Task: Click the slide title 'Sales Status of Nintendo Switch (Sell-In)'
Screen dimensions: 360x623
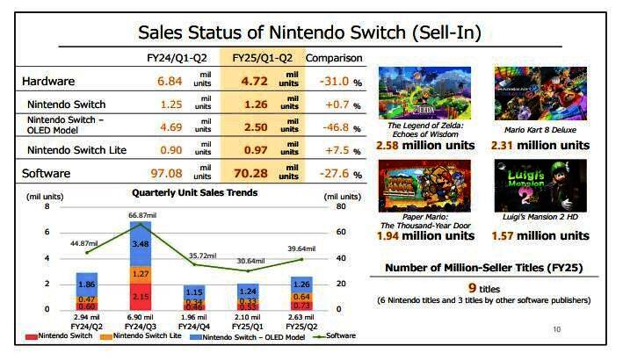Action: click(x=310, y=33)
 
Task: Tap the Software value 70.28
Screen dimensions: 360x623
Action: click(x=256, y=173)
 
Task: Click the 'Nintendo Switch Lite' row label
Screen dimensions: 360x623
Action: click(x=76, y=150)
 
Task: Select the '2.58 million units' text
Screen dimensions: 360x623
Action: click(x=420, y=145)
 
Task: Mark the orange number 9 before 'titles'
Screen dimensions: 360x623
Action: click(x=472, y=287)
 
